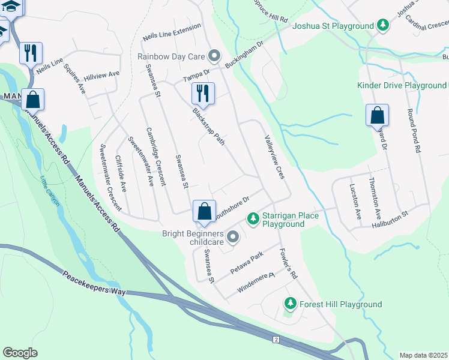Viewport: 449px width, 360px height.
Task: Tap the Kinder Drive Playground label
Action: tap(402, 86)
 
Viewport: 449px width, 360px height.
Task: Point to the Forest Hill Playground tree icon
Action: tap(291, 304)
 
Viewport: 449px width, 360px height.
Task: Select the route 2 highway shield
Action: tap(276, 340)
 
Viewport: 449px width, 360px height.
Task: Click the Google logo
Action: tap(20, 353)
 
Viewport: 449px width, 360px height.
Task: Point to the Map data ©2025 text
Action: tap(424, 355)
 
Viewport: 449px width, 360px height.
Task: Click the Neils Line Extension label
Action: tap(171, 34)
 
